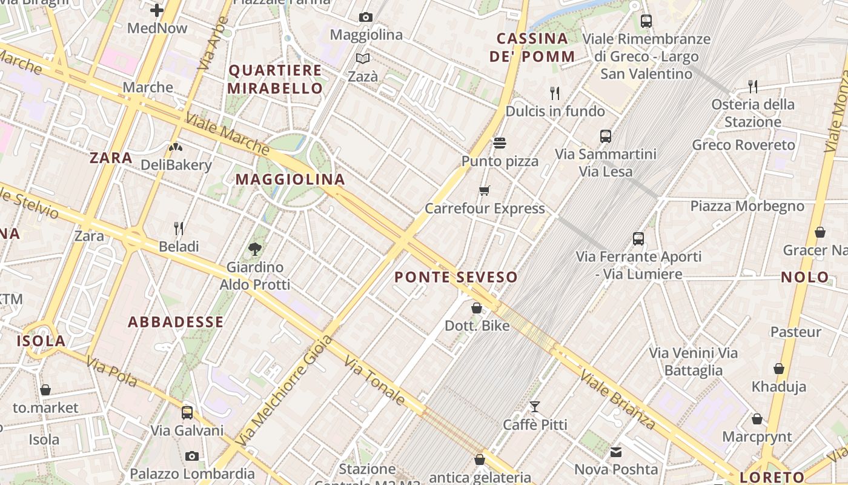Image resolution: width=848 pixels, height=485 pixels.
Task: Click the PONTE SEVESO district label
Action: [456, 278]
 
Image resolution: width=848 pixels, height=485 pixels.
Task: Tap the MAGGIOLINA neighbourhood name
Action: [290, 179]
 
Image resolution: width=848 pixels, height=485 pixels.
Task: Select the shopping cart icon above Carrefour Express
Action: [484, 191]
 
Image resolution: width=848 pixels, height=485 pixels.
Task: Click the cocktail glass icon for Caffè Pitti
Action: [535, 407]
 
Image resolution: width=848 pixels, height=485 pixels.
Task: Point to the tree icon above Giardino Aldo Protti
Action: [255, 249]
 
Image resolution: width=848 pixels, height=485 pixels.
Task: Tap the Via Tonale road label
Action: [375, 381]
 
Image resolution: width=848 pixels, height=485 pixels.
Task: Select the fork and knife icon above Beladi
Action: [179, 229]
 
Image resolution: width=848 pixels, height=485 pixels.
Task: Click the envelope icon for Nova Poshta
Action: [616, 452]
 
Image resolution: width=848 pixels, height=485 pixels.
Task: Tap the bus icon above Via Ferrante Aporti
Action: [638, 239]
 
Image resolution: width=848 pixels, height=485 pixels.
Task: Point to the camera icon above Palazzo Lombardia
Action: [192, 456]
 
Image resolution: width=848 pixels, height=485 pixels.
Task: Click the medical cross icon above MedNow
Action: [157, 10]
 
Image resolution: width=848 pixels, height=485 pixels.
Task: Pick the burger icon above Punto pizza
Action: [500, 143]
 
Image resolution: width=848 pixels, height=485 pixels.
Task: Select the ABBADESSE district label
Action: [176, 322]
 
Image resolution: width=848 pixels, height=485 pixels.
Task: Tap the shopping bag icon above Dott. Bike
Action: [477, 308]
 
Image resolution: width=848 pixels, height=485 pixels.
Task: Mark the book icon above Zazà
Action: [363, 58]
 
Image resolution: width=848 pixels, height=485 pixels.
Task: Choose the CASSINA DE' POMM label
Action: [532, 48]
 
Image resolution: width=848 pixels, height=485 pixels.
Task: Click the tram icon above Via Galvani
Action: [187, 413]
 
